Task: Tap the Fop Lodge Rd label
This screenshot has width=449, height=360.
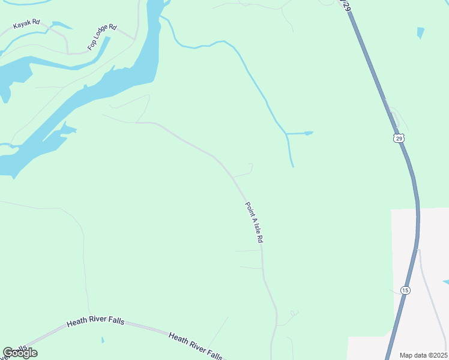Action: [x=102, y=37]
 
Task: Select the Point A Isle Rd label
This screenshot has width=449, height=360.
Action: [x=254, y=222]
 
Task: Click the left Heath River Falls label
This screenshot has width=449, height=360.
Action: [x=95, y=322]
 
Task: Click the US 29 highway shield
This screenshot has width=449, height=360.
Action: [x=400, y=138]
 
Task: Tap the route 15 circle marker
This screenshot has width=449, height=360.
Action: [x=406, y=290]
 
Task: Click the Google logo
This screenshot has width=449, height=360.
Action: [x=20, y=353]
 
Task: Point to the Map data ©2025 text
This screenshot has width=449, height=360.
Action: [x=423, y=355]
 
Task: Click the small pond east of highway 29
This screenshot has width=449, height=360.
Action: [x=420, y=32]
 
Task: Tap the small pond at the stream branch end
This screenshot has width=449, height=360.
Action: [x=308, y=133]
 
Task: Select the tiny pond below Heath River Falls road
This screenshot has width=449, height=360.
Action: [x=103, y=340]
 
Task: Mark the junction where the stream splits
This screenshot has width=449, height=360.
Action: [x=287, y=133]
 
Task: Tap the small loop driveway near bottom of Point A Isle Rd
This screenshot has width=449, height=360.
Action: [x=294, y=313]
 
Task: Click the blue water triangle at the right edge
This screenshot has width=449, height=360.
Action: [x=446, y=282]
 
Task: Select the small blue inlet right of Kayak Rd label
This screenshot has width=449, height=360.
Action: [x=62, y=26]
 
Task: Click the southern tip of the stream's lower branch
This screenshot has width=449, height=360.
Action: [x=292, y=166]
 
